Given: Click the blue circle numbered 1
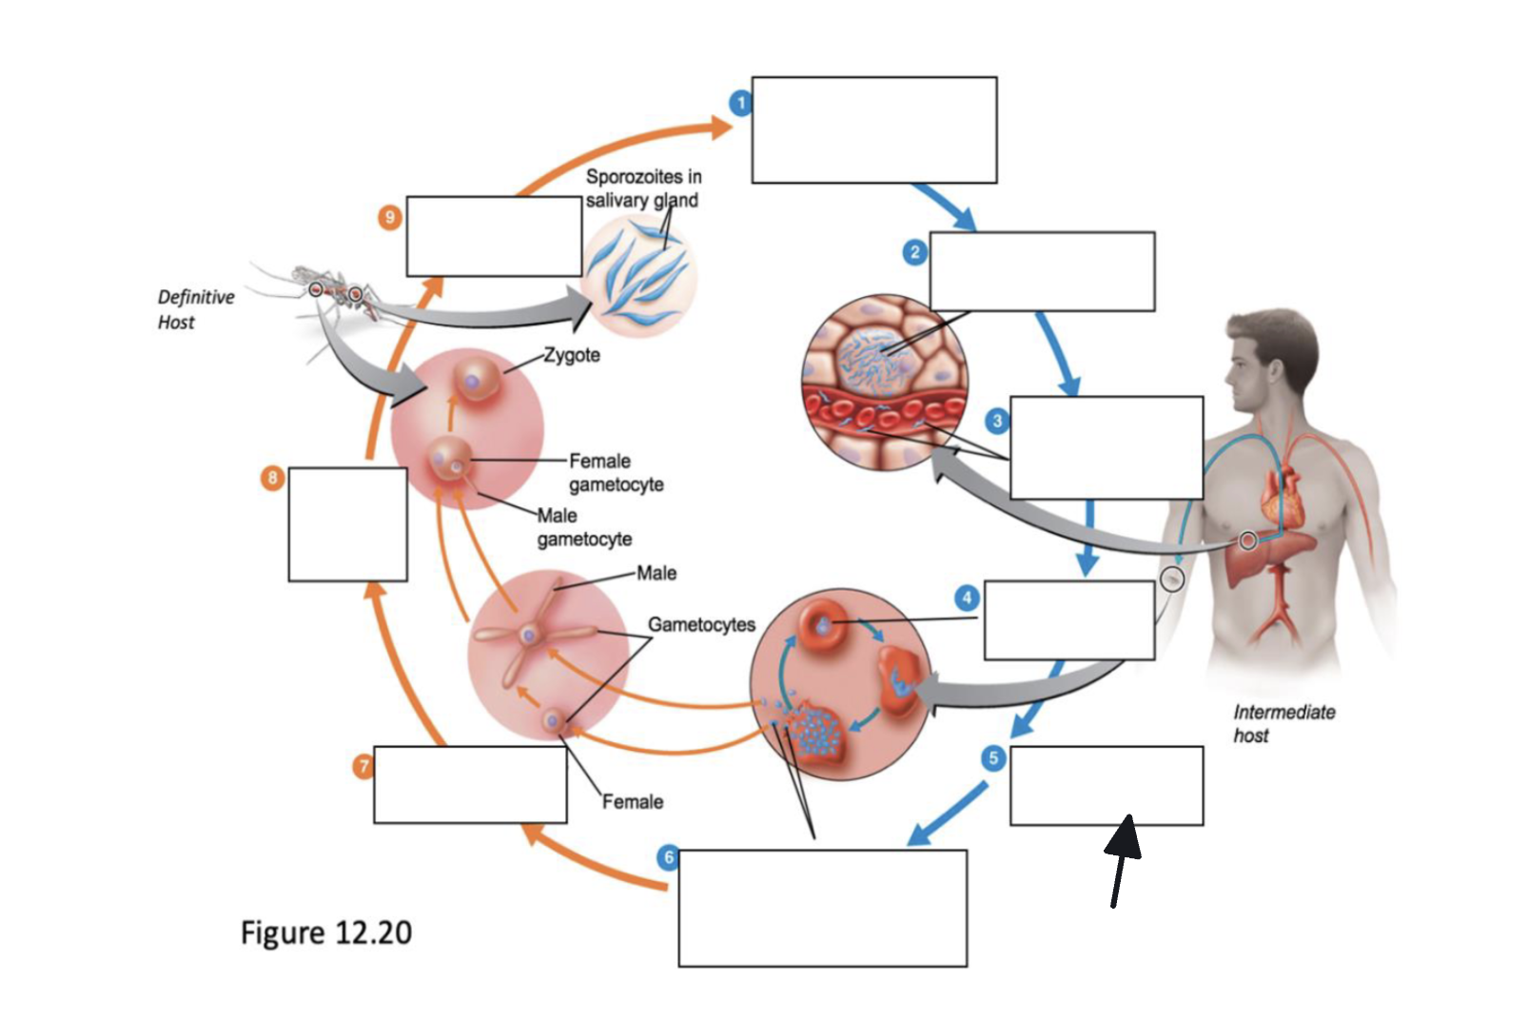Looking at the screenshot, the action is pos(741,103).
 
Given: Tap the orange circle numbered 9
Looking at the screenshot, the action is pos(389,218).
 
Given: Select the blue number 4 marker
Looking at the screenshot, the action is pos(967,598).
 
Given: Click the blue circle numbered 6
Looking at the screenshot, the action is pos(669,857).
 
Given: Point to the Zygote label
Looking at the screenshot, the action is pos(572,355).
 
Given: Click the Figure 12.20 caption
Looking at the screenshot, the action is pos(326,932).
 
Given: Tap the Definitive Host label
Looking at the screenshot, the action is pos(196,309).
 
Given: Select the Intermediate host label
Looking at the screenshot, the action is pos(1283,723).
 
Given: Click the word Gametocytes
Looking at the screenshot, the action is pos(701,624).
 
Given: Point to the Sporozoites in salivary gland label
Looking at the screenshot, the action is pos(642,188).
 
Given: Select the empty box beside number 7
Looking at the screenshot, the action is pos(470,785).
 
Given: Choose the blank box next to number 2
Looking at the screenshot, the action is pos(1042,271).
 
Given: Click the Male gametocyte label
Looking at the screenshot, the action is pos(584,527).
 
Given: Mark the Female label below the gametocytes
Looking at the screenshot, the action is pos(633,802).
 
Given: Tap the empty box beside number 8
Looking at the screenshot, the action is pos(348,524).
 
